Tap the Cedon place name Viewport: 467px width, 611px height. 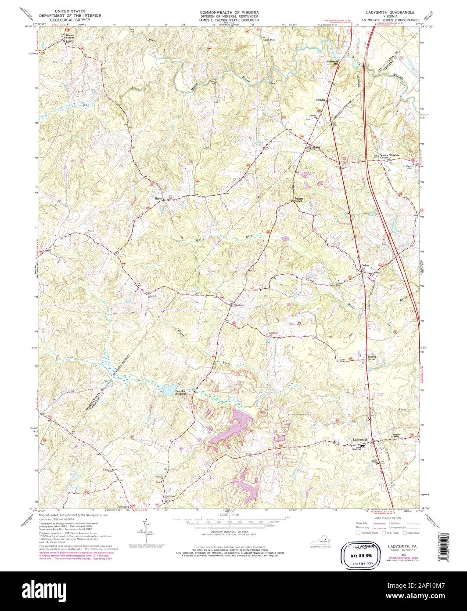coord(365,265)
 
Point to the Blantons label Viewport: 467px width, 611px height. coord(238,305)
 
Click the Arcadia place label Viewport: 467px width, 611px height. coord(321,100)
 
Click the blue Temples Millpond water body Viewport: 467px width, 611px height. coord(168,389)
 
